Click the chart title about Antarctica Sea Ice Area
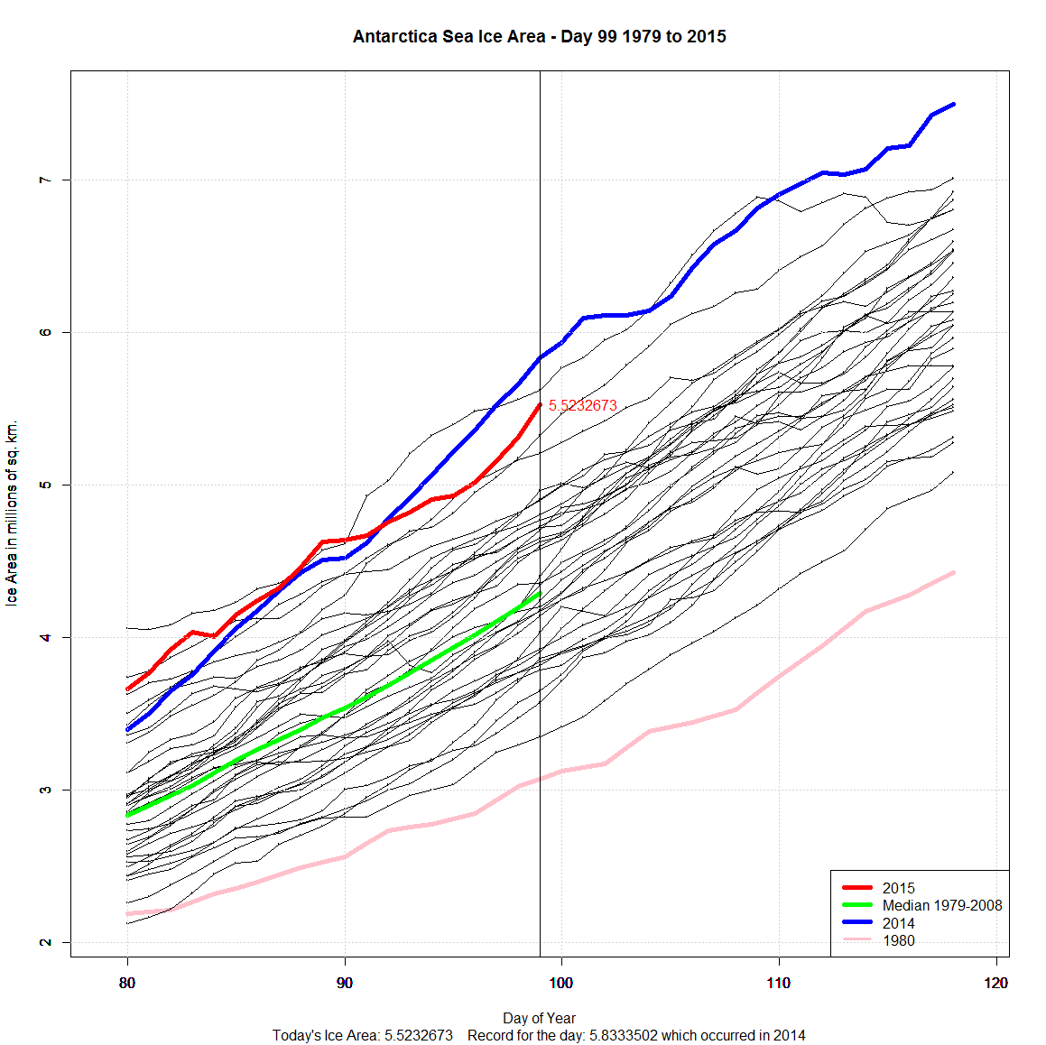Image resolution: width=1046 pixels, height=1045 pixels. [x=539, y=37]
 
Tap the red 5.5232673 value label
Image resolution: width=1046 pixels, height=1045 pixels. [x=582, y=406]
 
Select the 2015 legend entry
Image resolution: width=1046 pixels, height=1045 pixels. [x=898, y=888]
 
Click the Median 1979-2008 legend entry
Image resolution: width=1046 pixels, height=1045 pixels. [x=941, y=905]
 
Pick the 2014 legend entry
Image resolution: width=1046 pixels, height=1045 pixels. [x=898, y=923]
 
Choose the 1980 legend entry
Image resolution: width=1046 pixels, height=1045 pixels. [x=898, y=940]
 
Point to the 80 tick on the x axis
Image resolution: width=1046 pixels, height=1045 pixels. [x=127, y=983]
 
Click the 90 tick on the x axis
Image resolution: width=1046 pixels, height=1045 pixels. [x=345, y=983]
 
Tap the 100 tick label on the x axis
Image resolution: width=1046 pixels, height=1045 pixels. [x=561, y=983]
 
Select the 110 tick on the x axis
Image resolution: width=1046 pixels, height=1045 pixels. [x=778, y=983]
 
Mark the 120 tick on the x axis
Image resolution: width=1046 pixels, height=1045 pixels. [x=995, y=983]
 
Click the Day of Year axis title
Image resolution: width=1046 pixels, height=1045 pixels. [x=539, y=1018]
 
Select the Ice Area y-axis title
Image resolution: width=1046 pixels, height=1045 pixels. [x=12, y=513]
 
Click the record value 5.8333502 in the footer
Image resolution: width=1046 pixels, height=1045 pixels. [x=624, y=1035]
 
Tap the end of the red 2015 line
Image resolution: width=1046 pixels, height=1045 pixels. [x=540, y=405]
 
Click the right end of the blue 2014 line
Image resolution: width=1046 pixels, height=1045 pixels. [x=953, y=105]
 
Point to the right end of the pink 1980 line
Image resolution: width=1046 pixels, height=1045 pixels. [x=953, y=572]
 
